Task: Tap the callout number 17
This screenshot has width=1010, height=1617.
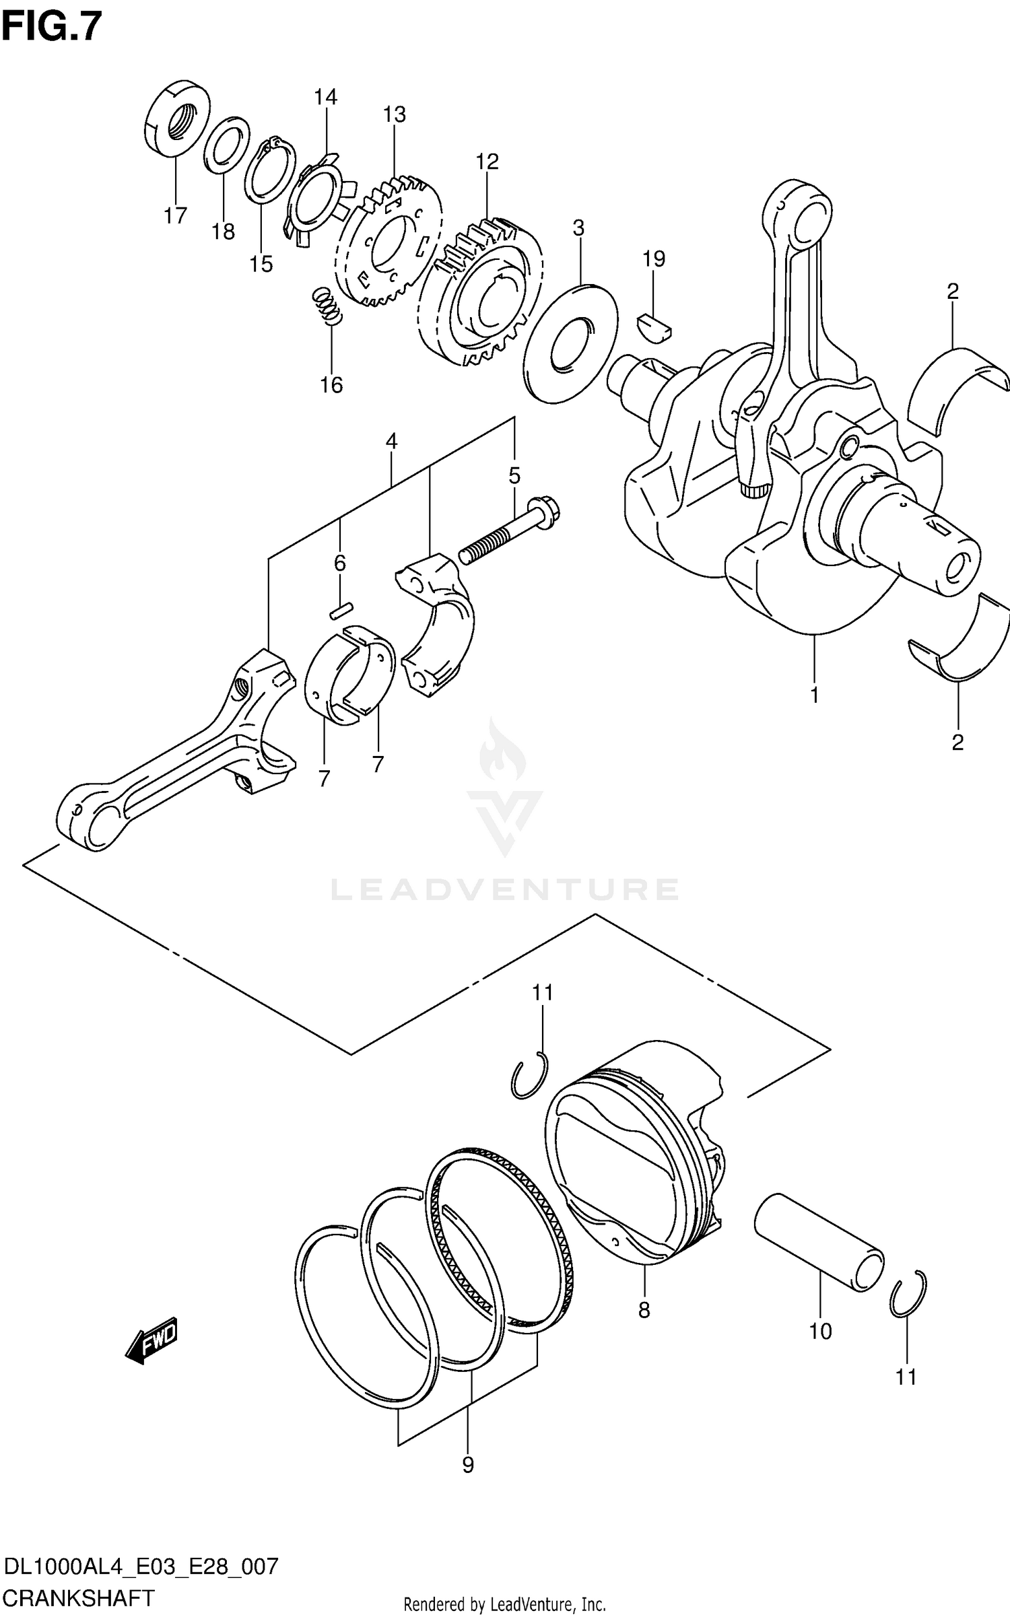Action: (175, 216)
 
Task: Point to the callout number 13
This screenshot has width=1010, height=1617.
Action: (395, 114)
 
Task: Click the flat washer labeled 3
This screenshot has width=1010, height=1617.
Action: (570, 344)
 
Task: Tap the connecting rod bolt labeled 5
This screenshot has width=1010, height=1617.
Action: (510, 531)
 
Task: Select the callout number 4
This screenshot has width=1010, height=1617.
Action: (391, 442)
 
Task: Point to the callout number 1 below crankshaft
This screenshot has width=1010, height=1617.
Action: (814, 695)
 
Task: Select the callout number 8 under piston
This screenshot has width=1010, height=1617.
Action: (644, 1309)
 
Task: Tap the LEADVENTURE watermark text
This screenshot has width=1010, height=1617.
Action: (504, 889)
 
